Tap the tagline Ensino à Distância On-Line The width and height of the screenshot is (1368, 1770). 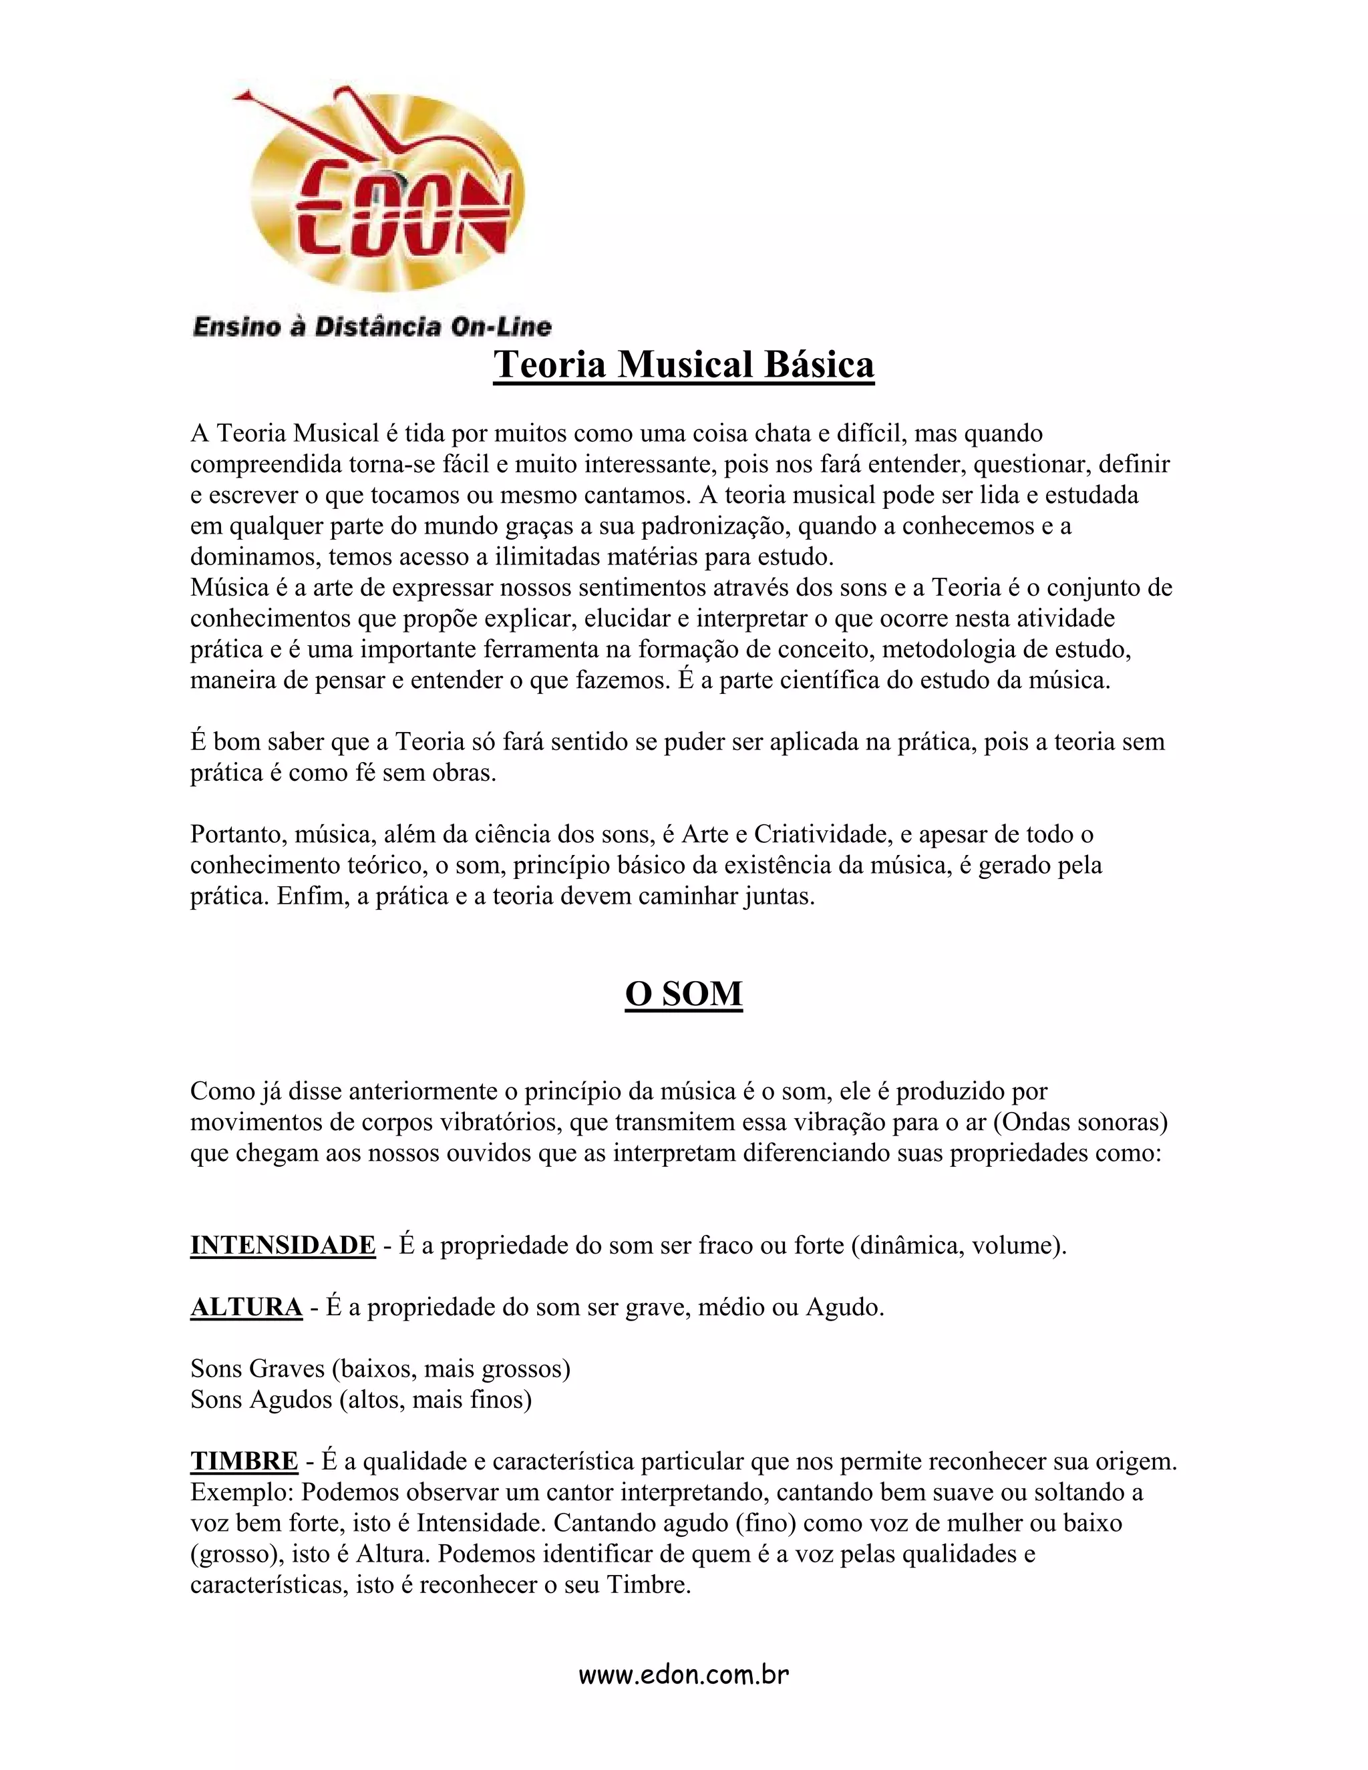(x=372, y=327)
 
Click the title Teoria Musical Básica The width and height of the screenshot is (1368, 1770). (x=683, y=365)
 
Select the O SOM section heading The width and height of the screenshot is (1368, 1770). (x=683, y=994)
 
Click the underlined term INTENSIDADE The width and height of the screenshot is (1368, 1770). (x=283, y=1245)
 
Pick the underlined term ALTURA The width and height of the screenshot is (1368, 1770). (x=246, y=1306)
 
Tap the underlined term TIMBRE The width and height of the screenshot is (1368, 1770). (x=244, y=1460)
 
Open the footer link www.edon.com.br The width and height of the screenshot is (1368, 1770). (x=683, y=1674)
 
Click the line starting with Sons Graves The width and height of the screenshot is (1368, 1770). (x=380, y=1368)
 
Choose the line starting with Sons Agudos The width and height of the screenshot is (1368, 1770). (x=361, y=1399)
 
